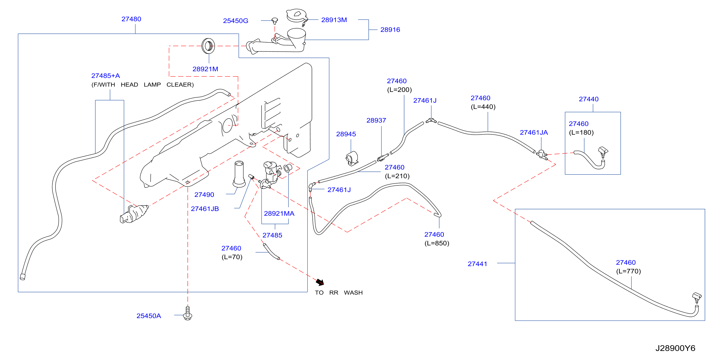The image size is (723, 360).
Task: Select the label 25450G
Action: coord(236,21)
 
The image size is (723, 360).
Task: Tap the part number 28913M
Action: coord(334,20)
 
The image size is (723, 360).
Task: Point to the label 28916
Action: coord(390,30)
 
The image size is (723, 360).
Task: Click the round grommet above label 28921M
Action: coord(208,46)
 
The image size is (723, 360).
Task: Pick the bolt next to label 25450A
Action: coord(187,313)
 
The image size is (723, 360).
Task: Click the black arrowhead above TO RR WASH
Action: coord(320,282)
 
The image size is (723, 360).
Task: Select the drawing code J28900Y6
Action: coord(675,348)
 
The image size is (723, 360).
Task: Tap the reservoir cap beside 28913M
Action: coord(297,16)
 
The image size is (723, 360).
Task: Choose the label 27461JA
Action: coord(534,132)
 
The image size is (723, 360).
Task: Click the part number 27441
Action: coord(477,264)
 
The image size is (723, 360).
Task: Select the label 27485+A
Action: coord(106,76)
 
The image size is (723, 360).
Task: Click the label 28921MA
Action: coord(279,214)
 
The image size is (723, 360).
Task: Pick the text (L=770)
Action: coord(628,271)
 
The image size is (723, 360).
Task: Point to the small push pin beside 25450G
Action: coord(275,21)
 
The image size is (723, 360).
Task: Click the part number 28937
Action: coord(376,121)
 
